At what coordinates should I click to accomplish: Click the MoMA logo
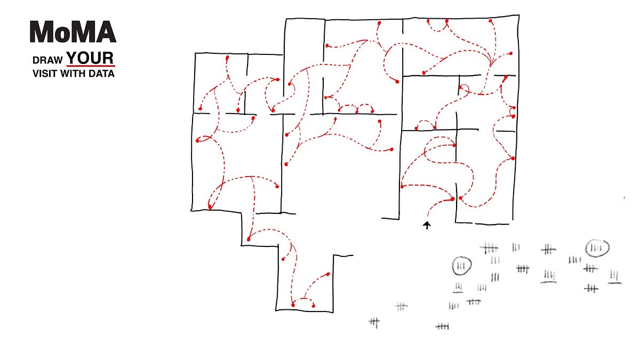pyautogui.click(x=73, y=33)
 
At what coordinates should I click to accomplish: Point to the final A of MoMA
pyautogui.click(x=106, y=33)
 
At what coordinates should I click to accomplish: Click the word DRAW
pyautogui.click(x=48, y=60)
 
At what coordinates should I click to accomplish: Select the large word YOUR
pyautogui.click(x=90, y=58)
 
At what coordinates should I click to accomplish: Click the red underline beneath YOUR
pyautogui.click(x=90, y=66)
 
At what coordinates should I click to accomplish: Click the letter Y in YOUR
pyautogui.click(x=72, y=58)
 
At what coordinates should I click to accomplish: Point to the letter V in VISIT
pyautogui.click(x=35, y=74)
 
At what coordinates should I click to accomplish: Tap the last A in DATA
pyautogui.click(x=110, y=74)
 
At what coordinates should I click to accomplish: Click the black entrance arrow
pyautogui.click(x=427, y=225)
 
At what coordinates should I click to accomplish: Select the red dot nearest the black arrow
pyautogui.click(x=453, y=199)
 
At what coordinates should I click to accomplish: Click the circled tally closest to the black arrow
pyautogui.click(x=462, y=266)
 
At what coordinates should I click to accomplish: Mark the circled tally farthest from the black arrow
pyautogui.click(x=597, y=248)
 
